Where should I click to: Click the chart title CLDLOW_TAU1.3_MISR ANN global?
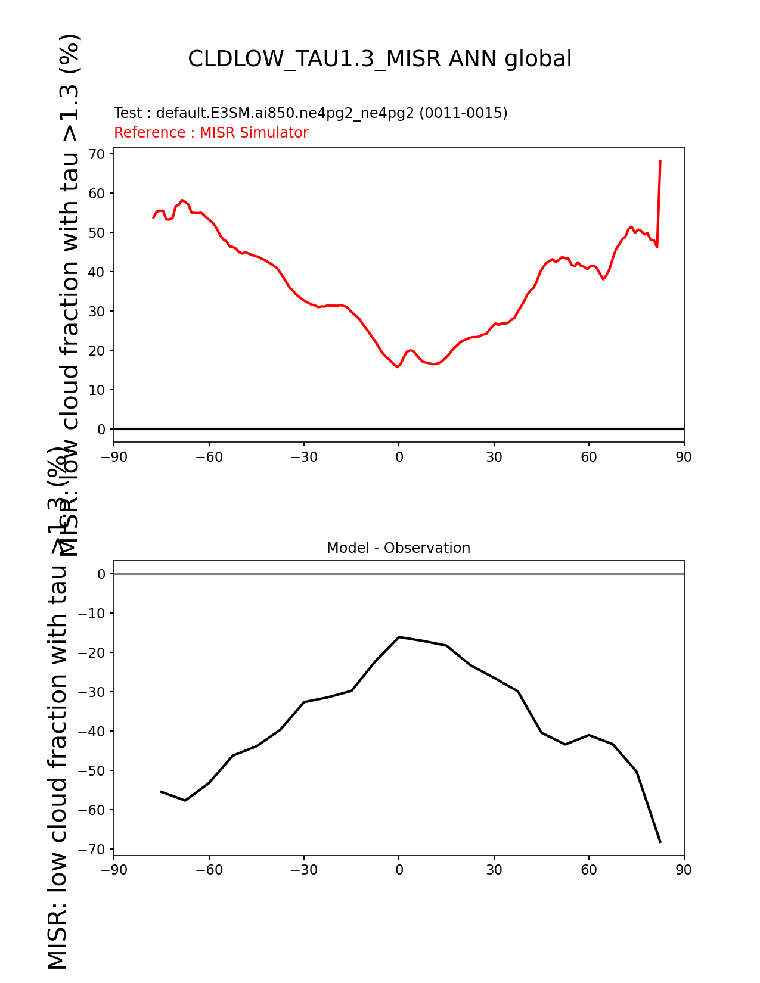click(380, 59)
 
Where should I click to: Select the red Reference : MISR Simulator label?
click(211, 133)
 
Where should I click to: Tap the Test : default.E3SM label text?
click(311, 113)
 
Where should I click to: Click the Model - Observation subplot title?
click(398, 548)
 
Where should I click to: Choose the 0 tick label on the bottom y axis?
click(101, 574)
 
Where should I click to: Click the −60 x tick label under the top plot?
click(209, 457)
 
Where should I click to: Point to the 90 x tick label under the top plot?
click(684, 457)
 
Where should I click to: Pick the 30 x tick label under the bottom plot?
click(494, 870)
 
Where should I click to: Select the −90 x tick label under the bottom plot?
click(114, 870)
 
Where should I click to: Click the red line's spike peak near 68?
click(660, 160)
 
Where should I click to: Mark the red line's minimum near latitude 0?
click(398, 367)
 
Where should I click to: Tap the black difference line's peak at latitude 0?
click(399, 637)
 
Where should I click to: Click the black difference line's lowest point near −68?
click(660, 842)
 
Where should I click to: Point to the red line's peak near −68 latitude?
click(182, 200)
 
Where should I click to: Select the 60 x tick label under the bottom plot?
click(589, 870)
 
